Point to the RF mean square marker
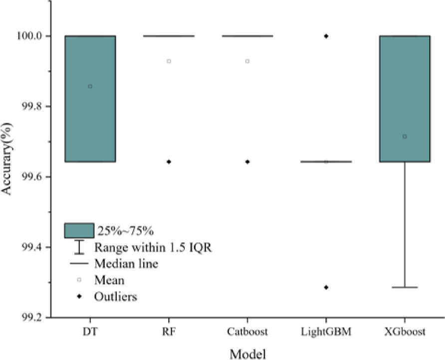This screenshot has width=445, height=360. (169, 61)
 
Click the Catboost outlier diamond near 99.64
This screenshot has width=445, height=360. (247, 162)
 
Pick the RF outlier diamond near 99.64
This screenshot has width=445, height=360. (169, 162)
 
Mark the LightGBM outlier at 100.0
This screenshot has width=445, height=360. (326, 36)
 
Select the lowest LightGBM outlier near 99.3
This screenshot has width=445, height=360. (326, 287)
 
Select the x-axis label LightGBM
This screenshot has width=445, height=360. (326, 332)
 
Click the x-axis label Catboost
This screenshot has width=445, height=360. (247, 332)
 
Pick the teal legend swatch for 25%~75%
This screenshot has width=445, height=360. (79, 230)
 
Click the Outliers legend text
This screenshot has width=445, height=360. (116, 297)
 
